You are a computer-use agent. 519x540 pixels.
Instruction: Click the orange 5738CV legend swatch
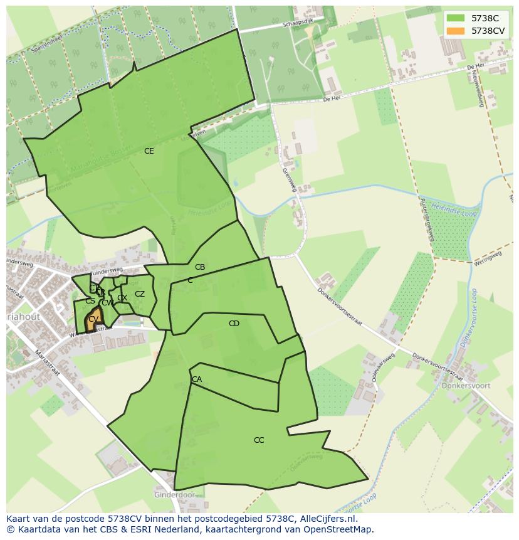point(456,31)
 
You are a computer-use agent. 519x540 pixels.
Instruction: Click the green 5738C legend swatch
point(456,18)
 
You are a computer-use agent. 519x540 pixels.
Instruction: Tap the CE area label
point(149,151)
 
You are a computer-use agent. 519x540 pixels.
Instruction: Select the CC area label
point(259,440)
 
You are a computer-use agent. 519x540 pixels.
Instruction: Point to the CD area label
point(234,324)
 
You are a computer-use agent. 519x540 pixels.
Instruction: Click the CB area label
point(200,267)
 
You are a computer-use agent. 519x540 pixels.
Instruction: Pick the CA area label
point(197,379)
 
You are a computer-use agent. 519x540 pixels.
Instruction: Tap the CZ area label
point(140,294)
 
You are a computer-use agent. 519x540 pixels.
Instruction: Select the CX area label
point(122,298)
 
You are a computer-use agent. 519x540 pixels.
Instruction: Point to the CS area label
point(90,301)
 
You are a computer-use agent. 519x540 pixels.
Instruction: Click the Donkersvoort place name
point(466,386)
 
